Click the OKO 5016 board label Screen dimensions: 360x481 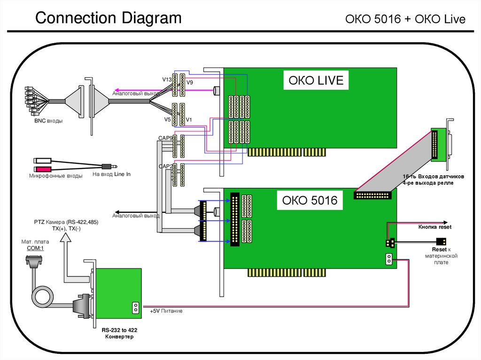coord(310,200)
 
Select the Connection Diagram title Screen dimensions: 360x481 coord(109,18)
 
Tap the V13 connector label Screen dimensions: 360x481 coord(167,80)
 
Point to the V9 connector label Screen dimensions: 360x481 coord(190,83)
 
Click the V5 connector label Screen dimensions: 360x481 coord(167,120)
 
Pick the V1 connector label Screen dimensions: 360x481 coord(189,120)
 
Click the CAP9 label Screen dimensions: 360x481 coord(165,138)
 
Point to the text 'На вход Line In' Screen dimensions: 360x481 coord(111,174)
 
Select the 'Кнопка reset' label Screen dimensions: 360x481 coord(434,227)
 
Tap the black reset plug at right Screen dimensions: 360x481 coord(441,241)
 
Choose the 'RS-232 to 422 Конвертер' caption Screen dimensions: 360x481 coord(117,334)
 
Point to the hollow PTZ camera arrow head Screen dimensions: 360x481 coord(66,237)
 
